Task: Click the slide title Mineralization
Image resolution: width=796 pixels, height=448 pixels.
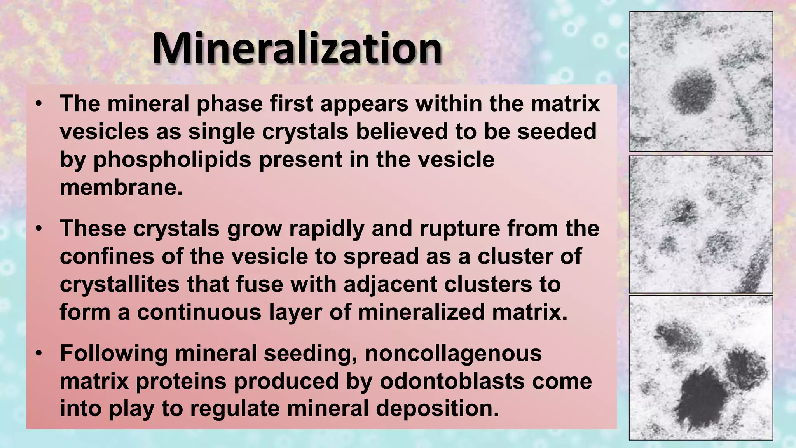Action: (x=297, y=48)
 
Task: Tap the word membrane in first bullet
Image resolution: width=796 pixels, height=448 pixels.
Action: (x=121, y=187)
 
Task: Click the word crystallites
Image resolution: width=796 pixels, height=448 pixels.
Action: (x=119, y=284)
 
